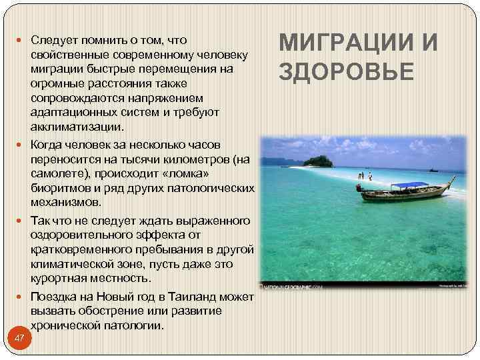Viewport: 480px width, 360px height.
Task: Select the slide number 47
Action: [x=19, y=338]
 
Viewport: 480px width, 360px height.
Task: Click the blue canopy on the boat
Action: [x=408, y=185]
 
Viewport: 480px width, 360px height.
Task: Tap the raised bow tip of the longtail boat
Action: [x=455, y=179]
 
